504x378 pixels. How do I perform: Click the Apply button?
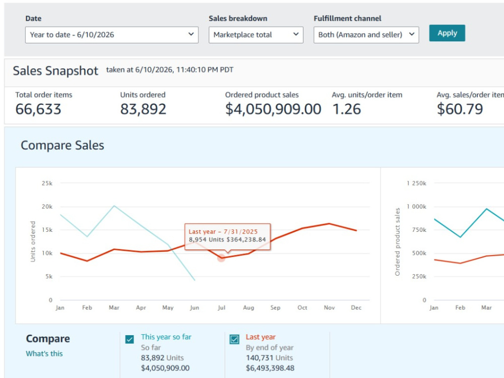point(447,33)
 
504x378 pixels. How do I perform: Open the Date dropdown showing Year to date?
point(111,35)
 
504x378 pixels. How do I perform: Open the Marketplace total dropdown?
point(256,35)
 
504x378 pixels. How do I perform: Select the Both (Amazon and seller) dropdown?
point(366,35)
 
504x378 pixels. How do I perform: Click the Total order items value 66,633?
point(38,109)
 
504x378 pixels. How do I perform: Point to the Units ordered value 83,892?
point(143,109)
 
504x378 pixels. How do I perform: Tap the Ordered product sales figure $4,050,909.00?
point(273,109)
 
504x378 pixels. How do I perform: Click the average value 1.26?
point(347,109)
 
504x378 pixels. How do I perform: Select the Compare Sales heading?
point(62,145)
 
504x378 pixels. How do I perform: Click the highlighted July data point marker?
point(221,258)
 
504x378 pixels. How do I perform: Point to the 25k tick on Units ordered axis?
point(47,183)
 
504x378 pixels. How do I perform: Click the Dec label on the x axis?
point(356,307)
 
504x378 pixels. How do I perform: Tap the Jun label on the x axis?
point(195,307)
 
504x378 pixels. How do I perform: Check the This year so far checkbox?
point(130,339)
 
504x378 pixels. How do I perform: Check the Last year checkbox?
point(234,339)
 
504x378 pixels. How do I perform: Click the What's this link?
point(44,354)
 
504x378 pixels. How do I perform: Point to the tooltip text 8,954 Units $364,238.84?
point(227,239)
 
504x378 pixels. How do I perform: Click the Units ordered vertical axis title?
point(33,241)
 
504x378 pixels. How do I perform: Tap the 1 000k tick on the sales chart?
point(417,207)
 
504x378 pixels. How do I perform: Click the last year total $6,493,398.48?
point(270,368)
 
